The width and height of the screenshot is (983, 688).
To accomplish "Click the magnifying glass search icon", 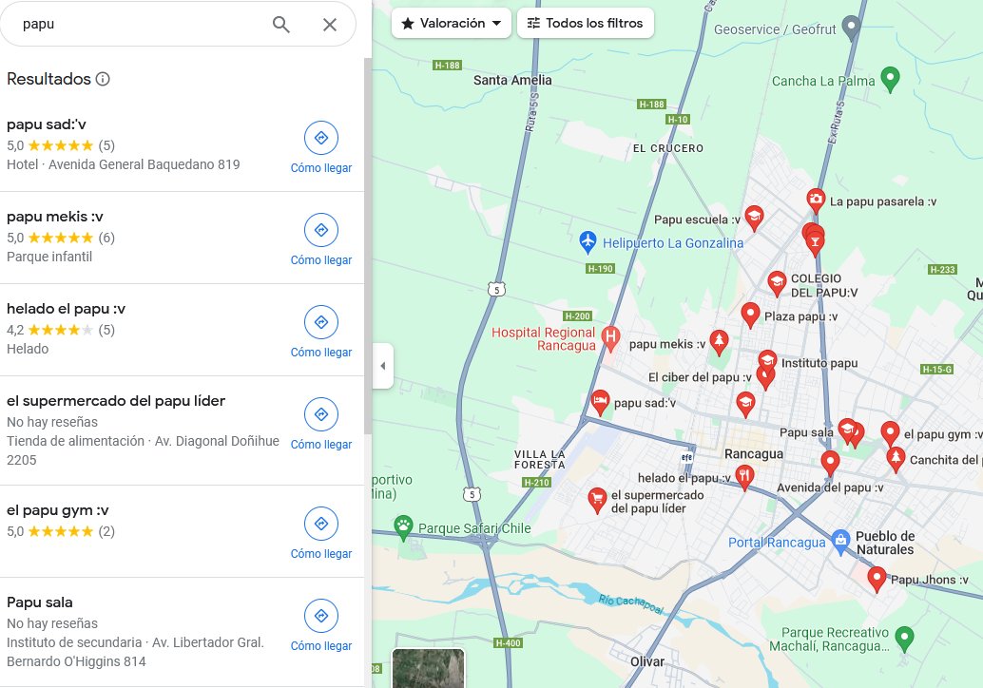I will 281,25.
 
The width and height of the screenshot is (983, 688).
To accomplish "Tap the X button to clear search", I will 330,25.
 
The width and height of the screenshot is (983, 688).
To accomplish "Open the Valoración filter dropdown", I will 452,23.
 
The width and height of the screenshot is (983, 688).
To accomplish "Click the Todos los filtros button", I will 586,23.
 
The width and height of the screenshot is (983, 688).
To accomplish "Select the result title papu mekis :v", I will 55,216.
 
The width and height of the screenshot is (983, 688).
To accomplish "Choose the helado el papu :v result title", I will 67,308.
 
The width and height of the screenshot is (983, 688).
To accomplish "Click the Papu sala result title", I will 40,602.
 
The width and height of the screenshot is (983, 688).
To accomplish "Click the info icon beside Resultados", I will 103,79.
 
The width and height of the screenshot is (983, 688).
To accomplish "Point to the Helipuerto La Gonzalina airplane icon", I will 588,242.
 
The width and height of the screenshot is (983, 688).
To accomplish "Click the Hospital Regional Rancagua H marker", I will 611,335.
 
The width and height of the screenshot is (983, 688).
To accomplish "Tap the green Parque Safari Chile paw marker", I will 404,526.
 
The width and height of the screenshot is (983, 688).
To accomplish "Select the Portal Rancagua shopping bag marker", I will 839,542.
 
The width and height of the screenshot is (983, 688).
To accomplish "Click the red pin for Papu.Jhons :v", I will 877,578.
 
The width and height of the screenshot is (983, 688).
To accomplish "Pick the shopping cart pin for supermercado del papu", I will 597,497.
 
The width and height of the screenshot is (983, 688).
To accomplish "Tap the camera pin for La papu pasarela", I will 816,200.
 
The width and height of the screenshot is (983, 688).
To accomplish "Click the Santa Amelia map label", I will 512,80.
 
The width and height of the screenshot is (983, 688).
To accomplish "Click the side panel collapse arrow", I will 382,366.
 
